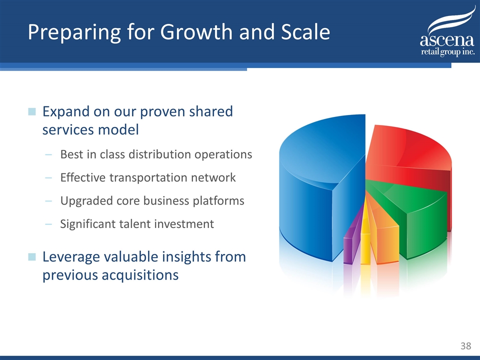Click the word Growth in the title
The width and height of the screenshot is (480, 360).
coord(196,31)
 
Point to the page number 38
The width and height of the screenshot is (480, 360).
coord(465,346)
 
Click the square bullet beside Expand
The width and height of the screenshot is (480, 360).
coord(32,111)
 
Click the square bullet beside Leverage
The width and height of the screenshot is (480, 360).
coord(32,256)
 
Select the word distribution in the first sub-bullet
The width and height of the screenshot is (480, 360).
coord(160,154)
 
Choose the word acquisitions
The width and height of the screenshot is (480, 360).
coord(140,275)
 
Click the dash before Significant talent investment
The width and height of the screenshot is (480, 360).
coord(48,224)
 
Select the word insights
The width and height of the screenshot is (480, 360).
coord(186,257)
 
